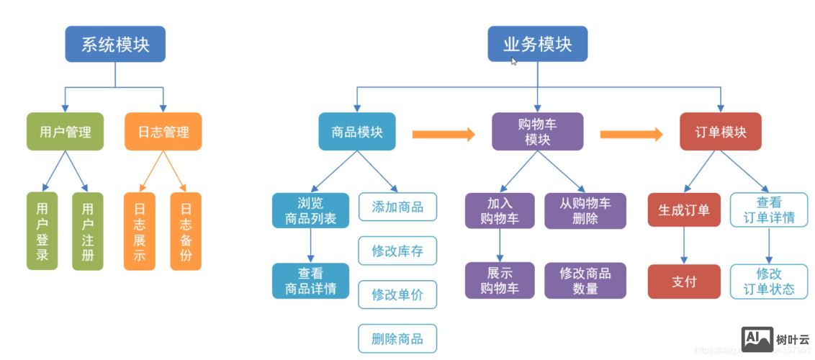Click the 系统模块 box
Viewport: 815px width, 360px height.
pyautogui.click(x=115, y=45)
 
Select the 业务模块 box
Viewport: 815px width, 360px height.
pyautogui.click(x=537, y=45)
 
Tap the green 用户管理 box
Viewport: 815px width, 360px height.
pyautogui.click(x=65, y=132)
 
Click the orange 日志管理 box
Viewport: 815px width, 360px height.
pyautogui.click(x=163, y=132)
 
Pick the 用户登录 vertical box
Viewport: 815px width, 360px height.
pyautogui.click(x=42, y=231)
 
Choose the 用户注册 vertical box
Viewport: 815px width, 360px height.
pyautogui.click(x=88, y=231)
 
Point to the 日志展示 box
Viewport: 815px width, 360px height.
pyautogui.click(x=140, y=231)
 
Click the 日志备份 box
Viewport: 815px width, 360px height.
pyautogui.click(x=186, y=231)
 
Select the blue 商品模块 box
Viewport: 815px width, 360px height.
pyautogui.click(x=357, y=132)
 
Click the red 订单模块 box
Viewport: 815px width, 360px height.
pyautogui.click(x=720, y=132)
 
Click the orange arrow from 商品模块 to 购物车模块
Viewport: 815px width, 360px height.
pyautogui.click(x=443, y=133)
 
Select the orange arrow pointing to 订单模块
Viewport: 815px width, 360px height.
pyautogui.click(x=631, y=133)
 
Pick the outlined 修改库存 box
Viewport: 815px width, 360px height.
pyautogui.click(x=397, y=251)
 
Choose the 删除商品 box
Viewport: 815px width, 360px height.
pyautogui.click(x=397, y=338)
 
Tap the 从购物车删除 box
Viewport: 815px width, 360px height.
pyautogui.click(x=585, y=210)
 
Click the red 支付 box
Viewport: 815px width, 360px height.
pyautogui.click(x=684, y=282)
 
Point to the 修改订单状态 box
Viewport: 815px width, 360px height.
pyautogui.click(x=769, y=282)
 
